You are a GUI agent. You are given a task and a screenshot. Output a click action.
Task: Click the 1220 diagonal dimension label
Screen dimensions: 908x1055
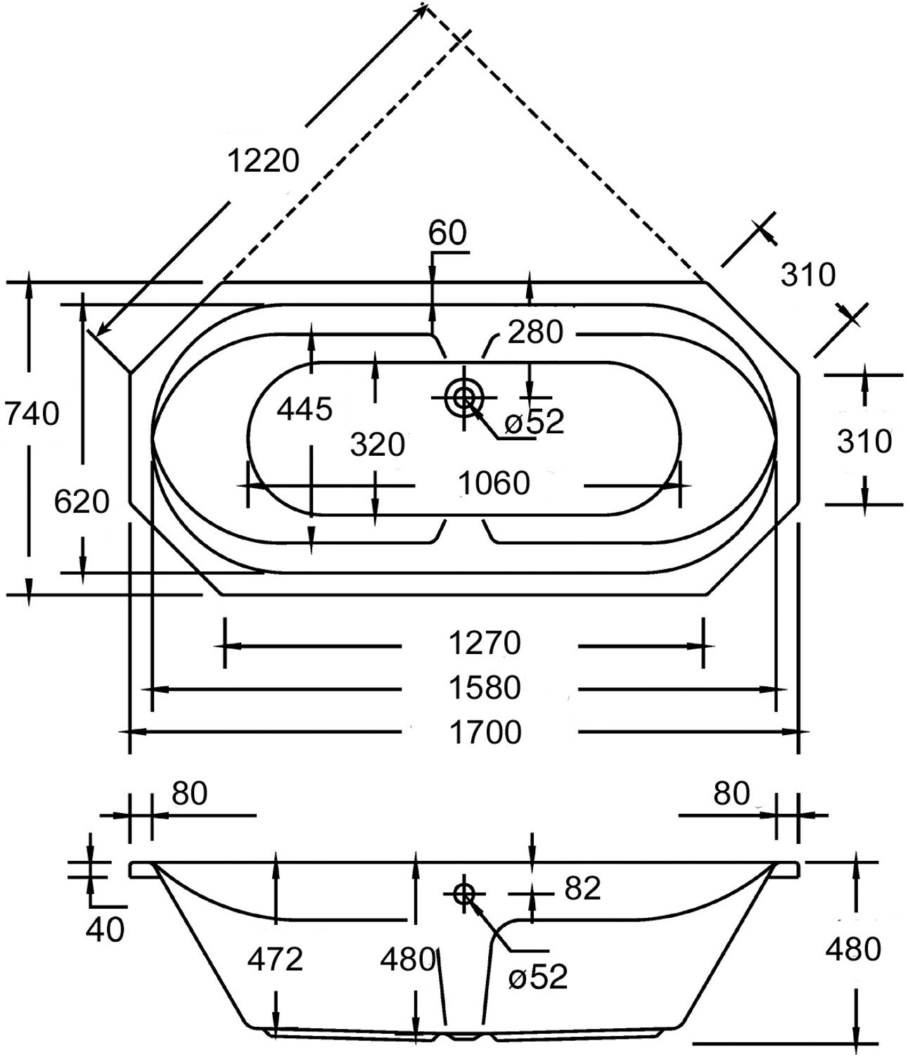(x=262, y=160)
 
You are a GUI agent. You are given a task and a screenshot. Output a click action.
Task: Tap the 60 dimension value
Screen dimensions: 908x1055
(x=447, y=233)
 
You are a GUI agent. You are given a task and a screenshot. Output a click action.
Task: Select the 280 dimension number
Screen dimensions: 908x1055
(x=535, y=332)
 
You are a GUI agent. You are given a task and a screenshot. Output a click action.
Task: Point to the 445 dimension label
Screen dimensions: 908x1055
(x=305, y=409)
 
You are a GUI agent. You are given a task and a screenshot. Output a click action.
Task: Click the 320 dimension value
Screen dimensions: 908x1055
(x=377, y=445)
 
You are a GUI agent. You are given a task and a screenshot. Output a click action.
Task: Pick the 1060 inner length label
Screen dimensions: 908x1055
(x=494, y=483)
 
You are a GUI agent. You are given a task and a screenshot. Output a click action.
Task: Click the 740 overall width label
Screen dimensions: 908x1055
(x=32, y=414)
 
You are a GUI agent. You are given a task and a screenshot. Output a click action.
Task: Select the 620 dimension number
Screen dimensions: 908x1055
(x=82, y=502)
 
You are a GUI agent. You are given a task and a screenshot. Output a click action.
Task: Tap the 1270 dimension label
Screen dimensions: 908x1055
(x=485, y=643)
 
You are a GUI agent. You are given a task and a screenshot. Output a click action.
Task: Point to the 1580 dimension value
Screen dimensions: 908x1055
(x=485, y=688)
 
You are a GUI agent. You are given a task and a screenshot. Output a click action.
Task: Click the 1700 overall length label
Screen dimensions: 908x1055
(x=485, y=732)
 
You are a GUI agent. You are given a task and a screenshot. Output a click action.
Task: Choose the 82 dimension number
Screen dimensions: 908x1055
(x=582, y=888)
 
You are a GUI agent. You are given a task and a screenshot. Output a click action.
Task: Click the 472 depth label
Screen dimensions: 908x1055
(x=275, y=959)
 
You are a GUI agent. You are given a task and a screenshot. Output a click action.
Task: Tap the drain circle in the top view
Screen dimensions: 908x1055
(x=463, y=397)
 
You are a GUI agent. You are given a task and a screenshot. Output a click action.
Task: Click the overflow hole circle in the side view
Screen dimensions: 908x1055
(x=463, y=894)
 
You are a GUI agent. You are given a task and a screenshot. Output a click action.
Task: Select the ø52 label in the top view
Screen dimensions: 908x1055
(x=535, y=421)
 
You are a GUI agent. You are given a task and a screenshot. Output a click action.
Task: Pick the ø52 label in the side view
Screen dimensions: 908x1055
(x=538, y=977)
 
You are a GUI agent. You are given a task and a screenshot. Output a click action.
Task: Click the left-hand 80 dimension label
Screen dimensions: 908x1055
(x=189, y=793)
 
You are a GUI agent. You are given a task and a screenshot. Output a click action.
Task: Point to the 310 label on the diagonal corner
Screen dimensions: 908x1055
(x=808, y=274)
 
